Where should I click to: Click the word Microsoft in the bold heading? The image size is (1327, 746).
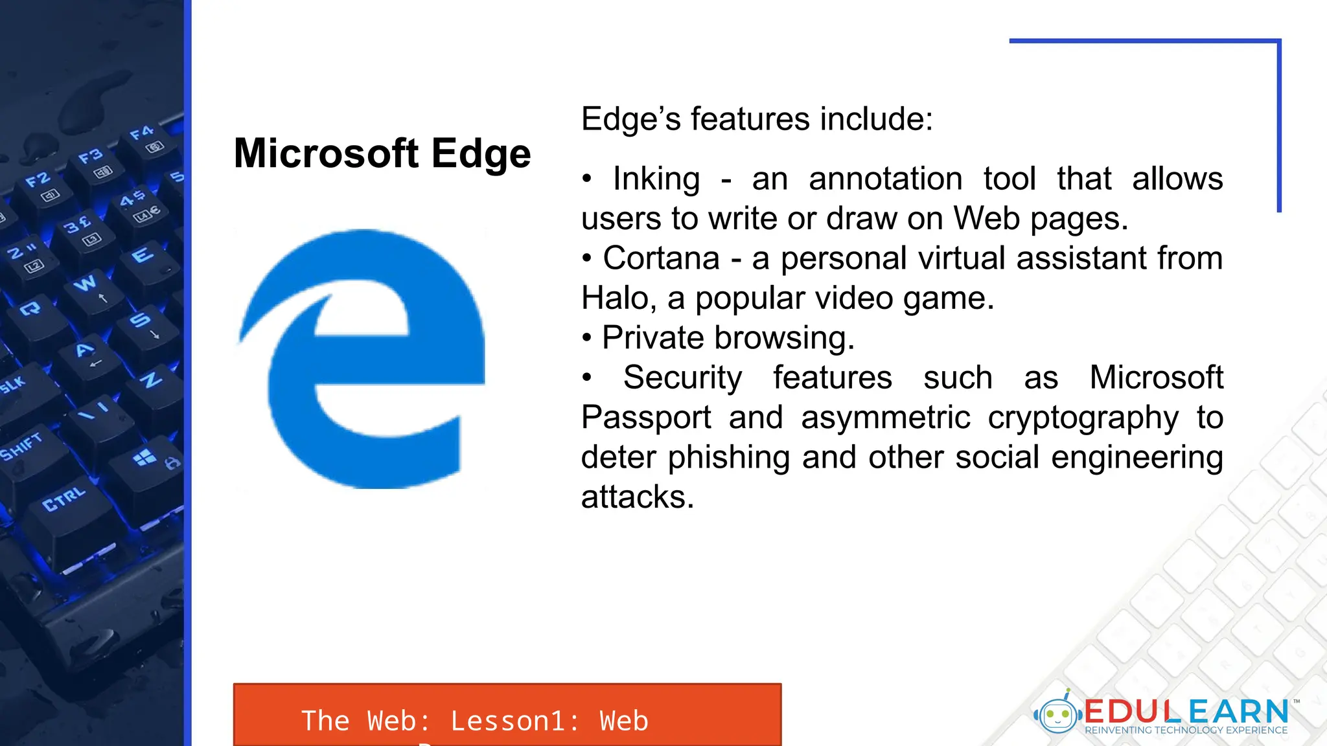click(x=327, y=153)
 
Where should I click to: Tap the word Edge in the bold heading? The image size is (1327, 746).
click(x=481, y=155)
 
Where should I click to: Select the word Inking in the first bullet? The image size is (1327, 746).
click(x=656, y=179)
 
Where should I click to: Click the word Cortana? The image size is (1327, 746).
click(x=661, y=258)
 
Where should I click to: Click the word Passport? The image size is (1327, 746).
click(x=645, y=418)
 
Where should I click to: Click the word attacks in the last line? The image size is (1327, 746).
click(x=637, y=497)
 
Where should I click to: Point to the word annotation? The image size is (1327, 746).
click(x=885, y=179)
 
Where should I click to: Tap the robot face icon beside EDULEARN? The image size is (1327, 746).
click(x=1057, y=715)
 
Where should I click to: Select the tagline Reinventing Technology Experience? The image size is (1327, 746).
click(x=1186, y=730)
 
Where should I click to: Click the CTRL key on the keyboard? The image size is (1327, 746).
click(x=63, y=499)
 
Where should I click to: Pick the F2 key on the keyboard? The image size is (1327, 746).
click(x=39, y=181)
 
